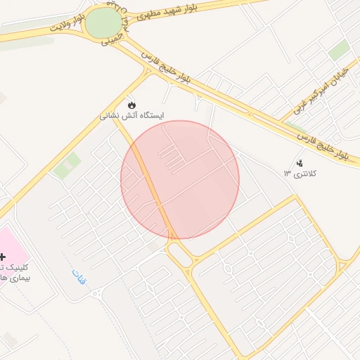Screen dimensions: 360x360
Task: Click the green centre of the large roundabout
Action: tap(103, 23)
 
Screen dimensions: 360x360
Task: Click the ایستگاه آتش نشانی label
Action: tap(132, 115)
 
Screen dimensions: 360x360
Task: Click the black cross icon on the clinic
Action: tap(2, 258)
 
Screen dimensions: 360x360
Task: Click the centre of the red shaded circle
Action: tap(180, 180)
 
